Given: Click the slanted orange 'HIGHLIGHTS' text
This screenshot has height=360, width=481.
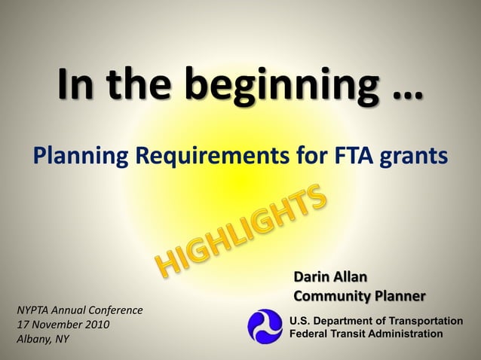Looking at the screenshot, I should click(x=243, y=231).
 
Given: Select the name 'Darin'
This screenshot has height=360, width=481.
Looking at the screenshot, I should click(x=312, y=277).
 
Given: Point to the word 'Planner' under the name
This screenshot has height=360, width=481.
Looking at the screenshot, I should click(x=400, y=296).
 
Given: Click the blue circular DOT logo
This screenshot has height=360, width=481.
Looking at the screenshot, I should click(x=266, y=327).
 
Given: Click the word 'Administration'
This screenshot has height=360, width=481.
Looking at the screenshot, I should click(x=404, y=334).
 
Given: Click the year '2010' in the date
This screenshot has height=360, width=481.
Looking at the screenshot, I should click(x=96, y=325).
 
